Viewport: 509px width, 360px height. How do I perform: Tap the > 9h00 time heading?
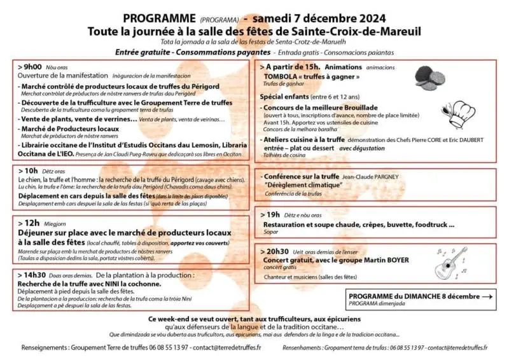(x=31, y=66)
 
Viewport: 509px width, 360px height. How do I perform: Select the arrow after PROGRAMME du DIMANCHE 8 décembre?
(x=487, y=296)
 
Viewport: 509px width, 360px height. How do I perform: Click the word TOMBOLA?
(x=282, y=77)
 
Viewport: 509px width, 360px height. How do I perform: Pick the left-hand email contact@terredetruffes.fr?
(x=227, y=347)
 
